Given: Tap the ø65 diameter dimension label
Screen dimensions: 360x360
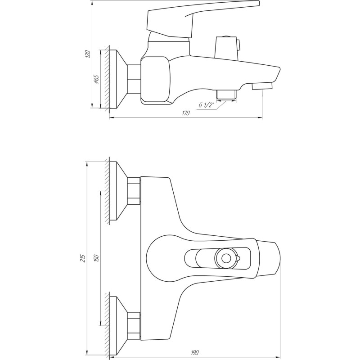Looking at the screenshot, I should point(96,80).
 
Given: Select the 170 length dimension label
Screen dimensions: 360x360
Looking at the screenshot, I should point(186,113).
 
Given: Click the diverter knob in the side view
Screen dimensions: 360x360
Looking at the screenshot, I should point(227,47).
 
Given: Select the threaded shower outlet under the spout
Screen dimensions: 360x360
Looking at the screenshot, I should point(226,94).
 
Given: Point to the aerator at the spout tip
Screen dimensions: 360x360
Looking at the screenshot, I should point(263,85).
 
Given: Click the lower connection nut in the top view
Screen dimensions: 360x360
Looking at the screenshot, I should point(134,324).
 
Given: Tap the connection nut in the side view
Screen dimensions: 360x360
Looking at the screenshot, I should point(135,79).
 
